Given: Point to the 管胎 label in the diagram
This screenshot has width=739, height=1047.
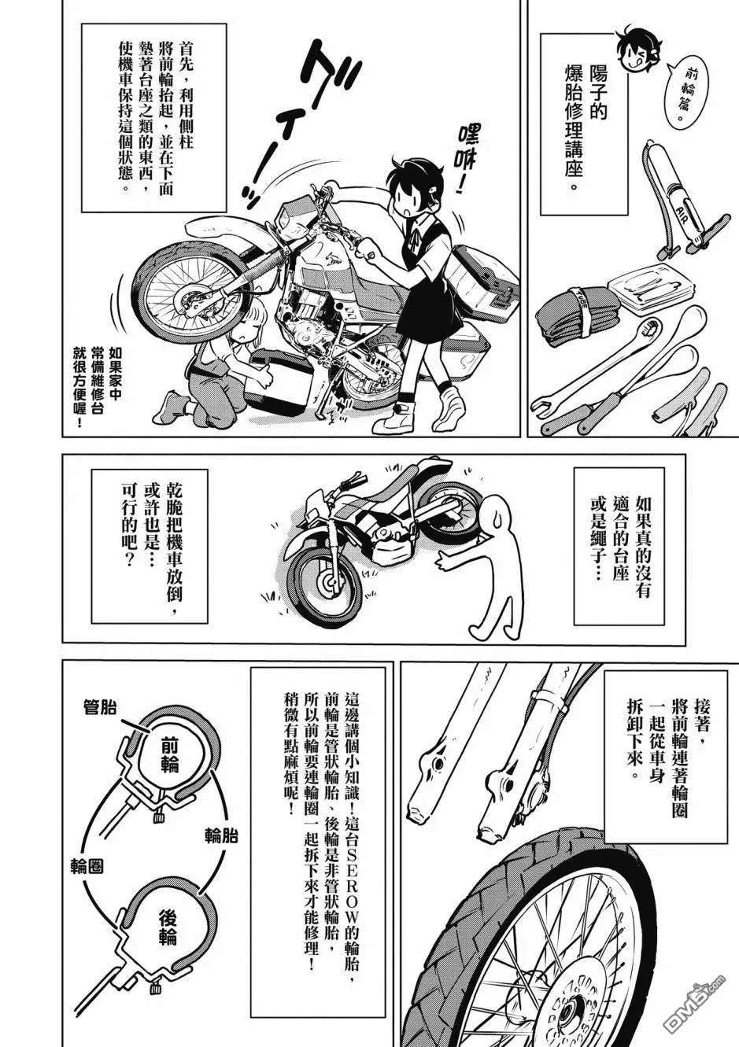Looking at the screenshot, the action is (x=100, y=708).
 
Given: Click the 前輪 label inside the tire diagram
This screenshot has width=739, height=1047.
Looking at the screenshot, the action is (x=167, y=758).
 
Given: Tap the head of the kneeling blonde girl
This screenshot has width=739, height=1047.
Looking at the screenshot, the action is (x=242, y=326).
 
